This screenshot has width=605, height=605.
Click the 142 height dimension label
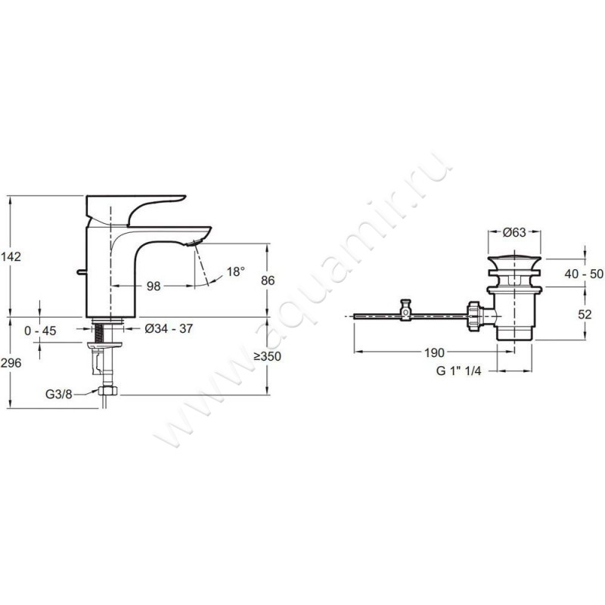tap(11, 256)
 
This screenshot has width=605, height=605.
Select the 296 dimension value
tap(11, 363)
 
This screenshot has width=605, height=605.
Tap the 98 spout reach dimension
tap(154, 287)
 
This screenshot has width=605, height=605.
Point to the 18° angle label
tap(236, 271)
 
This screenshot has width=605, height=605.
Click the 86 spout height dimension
tap(268, 281)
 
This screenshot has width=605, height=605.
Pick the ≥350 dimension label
tap(268, 356)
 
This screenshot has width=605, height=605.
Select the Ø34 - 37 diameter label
tap(169, 329)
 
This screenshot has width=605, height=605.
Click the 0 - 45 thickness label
tap(40, 330)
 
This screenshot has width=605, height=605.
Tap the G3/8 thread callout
tap(59, 394)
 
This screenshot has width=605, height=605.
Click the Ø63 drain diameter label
tap(514, 232)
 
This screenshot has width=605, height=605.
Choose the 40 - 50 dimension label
tap(584, 274)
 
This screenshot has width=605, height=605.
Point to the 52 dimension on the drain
tap(585, 315)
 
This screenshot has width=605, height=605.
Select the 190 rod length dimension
tap(434, 352)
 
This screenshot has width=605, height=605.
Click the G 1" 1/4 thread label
tap(459, 371)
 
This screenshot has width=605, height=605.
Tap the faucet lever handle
tap(135, 210)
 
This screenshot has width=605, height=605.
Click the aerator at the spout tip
tap(192, 243)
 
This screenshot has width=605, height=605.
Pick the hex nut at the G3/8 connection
tap(108, 390)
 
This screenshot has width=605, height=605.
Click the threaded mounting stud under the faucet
tap(99, 333)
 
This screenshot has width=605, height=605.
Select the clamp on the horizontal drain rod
tap(405, 310)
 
